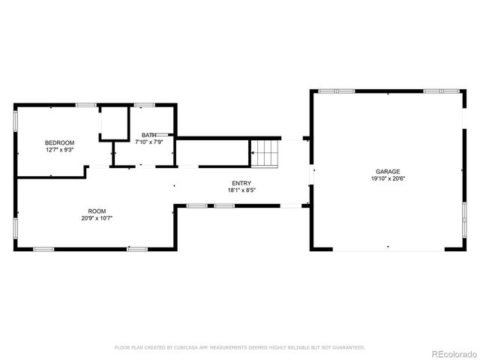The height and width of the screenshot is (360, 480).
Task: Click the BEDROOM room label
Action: (x=59, y=142)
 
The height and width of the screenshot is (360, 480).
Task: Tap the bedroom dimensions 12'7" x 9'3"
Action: (x=59, y=149)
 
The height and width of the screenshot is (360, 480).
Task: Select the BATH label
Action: (x=149, y=135)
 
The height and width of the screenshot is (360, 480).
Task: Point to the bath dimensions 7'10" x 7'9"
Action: (x=149, y=142)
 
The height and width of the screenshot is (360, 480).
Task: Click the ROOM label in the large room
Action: (x=97, y=211)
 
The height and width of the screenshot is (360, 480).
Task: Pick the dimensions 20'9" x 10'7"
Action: (x=97, y=218)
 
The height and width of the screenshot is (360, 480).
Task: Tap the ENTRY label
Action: (x=241, y=183)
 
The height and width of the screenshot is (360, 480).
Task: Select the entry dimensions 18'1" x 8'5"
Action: (x=241, y=190)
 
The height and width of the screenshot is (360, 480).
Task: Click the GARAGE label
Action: (x=387, y=172)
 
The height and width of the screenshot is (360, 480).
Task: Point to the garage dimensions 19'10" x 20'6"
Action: (x=387, y=179)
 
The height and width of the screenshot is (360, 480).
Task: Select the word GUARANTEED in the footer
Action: (x=346, y=347)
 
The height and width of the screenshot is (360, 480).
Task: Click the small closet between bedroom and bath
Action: (x=114, y=124)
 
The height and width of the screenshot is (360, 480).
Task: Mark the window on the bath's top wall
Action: (x=144, y=104)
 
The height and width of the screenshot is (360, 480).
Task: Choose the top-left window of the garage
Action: (x=336, y=91)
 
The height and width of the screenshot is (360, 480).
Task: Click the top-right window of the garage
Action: (x=441, y=91)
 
